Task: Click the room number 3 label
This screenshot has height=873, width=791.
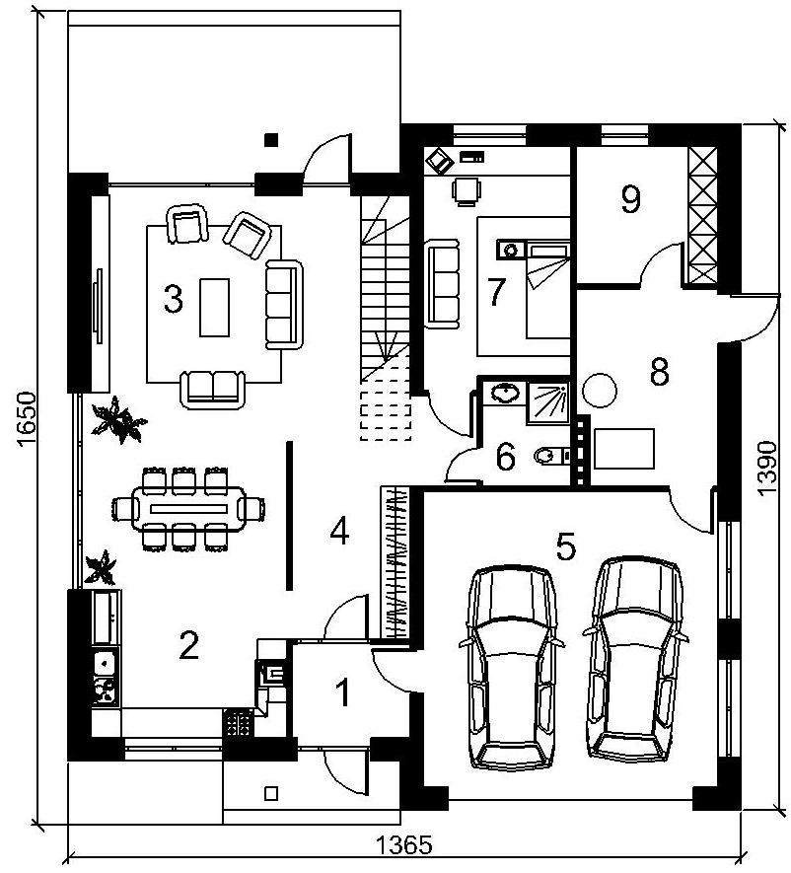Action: point(174,299)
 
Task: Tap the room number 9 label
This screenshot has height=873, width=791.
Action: point(630,199)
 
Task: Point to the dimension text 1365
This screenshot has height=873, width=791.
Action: point(404,845)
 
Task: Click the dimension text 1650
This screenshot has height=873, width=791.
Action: point(27,418)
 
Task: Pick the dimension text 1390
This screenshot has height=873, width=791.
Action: point(766,469)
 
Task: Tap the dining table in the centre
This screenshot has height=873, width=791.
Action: point(188,508)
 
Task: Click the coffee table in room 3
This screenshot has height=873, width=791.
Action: point(214,308)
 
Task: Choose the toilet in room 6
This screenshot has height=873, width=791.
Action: point(551,456)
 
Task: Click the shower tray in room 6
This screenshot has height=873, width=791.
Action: point(548,402)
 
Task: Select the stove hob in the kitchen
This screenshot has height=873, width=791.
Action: point(238,723)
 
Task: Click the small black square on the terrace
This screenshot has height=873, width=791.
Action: point(271,140)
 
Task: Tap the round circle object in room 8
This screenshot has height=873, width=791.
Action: point(600,391)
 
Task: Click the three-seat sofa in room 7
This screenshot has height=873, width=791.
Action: point(443,284)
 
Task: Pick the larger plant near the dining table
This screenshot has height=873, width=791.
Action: point(118,418)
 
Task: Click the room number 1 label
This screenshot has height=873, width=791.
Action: point(344,692)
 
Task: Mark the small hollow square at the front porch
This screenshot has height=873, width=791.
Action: point(271,793)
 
